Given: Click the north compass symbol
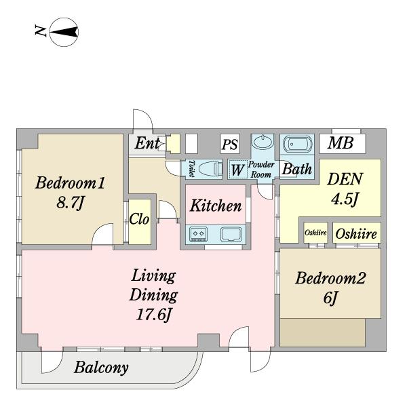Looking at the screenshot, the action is [x=64, y=32].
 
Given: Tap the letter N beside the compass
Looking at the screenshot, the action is [x=41, y=31].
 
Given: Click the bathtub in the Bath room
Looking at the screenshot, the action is [x=297, y=144].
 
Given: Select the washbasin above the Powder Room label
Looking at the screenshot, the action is [x=263, y=142].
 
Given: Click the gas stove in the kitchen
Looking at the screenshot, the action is [x=199, y=234].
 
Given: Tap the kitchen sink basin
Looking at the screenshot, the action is [x=231, y=234].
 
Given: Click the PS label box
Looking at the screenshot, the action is [x=230, y=144].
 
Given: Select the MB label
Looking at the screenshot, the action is [x=341, y=142].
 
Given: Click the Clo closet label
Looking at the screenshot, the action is [x=139, y=219].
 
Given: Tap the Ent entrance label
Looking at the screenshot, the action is [x=147, y=142].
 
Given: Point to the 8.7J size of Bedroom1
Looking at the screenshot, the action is [x=71, y=203].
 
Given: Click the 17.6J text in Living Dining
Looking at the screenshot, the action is [x=154, y=315].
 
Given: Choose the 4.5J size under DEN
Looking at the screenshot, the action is [x=345, y=199].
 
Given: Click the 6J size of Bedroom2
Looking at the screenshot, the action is [x=330, y=298].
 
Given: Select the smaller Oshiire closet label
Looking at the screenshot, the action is [x=315, y=233].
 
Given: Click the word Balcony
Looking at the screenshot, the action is [x=101, y=368].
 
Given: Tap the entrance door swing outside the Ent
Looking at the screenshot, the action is [x=146, y=113].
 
